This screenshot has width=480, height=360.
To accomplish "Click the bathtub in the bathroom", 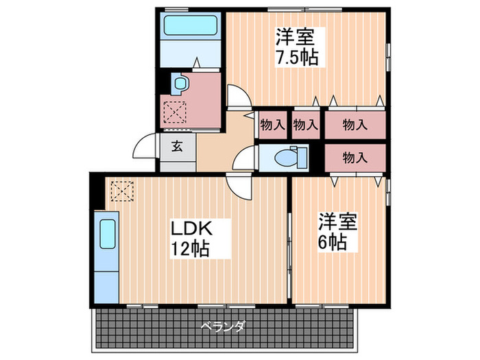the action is tap(191, 26).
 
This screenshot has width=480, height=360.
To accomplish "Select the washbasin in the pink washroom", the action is tap(180, 83).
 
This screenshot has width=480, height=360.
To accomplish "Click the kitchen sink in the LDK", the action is tap(108, 235).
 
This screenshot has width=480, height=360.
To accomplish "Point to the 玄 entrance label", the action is tap(178, 146).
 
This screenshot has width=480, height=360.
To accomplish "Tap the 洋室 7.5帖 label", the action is tap(297, 47).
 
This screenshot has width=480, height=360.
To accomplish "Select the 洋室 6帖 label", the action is tap(337, 232).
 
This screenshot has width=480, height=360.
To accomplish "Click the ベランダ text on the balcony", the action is tap(223, 326).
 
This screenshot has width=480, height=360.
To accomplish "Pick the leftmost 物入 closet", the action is tap(272, 125).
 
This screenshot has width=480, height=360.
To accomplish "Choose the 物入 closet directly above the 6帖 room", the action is tap(355, 158).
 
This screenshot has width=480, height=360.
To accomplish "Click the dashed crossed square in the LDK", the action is tap(123, 191).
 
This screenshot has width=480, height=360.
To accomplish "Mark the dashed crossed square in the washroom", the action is tap(175, 112).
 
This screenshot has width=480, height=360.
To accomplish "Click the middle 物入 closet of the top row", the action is tap(306, 125).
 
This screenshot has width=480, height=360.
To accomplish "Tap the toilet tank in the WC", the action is tap(302, 158).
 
